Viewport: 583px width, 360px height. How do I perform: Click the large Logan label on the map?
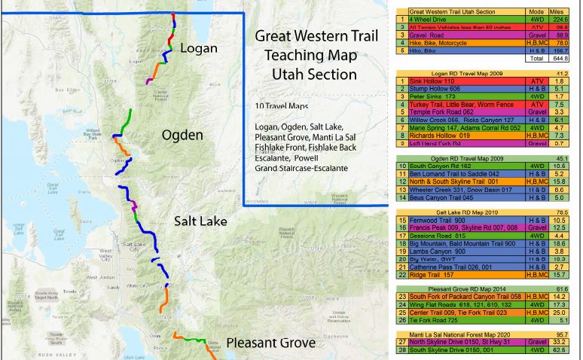pyautogui.click(x=200, y=49)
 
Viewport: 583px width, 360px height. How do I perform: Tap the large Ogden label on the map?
pyautogui.click(x=183, y=136)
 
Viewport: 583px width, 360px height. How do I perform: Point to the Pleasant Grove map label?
pyautogui.click(x=271, y=343)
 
